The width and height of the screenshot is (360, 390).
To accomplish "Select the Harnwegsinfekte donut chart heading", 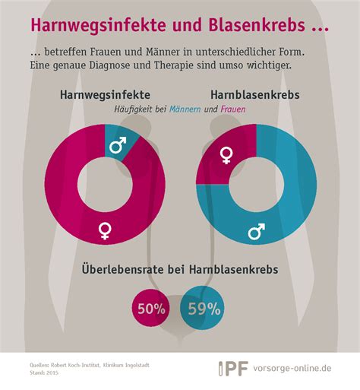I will (102, 97).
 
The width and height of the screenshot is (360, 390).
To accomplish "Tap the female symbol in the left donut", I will (105, 229).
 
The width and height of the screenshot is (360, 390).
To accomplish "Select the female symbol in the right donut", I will (226, 156).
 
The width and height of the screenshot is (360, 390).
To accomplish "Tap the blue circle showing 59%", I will (203, 308).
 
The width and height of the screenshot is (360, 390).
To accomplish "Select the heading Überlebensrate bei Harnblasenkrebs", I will (179, 270).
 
